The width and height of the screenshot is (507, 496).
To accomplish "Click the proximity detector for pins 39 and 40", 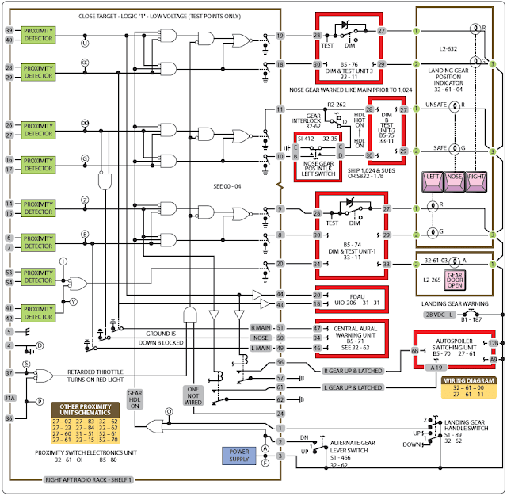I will coord(37,34).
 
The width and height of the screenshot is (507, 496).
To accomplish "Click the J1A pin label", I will coord(9,398).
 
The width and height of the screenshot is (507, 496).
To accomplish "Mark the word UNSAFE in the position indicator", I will coord(436,105).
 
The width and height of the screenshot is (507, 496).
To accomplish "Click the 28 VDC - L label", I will coord(436,315).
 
